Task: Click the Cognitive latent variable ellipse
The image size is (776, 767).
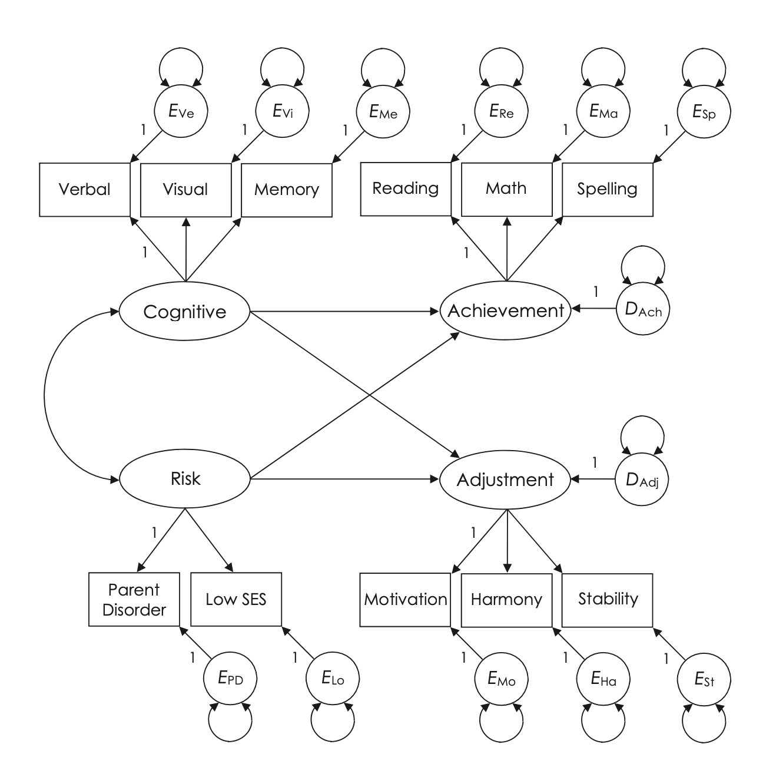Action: point(185,311)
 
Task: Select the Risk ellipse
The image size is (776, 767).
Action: point(185,478)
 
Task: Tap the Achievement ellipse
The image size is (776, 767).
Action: point(506,310)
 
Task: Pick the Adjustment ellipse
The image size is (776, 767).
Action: point(506,480)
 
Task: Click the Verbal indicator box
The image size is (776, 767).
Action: point(85,189)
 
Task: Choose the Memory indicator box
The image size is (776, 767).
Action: point(287,189)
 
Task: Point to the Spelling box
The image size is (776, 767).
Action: point(608,189)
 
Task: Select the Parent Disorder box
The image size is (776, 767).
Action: point(134,600)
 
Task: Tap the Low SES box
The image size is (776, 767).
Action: point(236,600)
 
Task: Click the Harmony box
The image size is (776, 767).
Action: point(506,600)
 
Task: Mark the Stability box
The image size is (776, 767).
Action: point(608,599)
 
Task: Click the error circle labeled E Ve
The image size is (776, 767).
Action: point(181,111)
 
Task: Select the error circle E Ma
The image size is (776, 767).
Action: point(604,111)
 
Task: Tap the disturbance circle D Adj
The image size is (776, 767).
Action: point(642,480)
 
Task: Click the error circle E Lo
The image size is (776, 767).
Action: point(333,679)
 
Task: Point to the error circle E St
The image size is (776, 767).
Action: point(704,680)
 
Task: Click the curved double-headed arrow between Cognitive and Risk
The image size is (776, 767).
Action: point(45,395)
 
